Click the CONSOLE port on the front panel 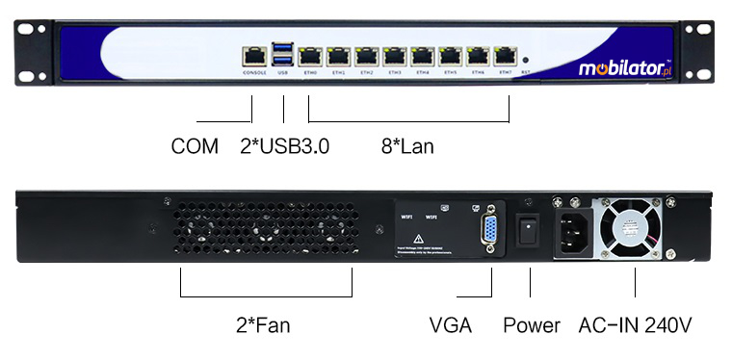point(255,56)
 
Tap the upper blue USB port point(283,48)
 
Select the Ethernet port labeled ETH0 point(311,56)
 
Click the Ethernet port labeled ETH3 point(395,56)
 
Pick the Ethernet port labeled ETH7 point(506,56)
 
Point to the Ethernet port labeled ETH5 point(451,56)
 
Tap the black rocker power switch point(528,231)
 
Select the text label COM point(195,147)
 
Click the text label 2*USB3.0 point(285,147)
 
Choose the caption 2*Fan point(263,325)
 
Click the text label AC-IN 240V point(636,325)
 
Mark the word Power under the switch point(531,325)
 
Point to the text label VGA point(451,325)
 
